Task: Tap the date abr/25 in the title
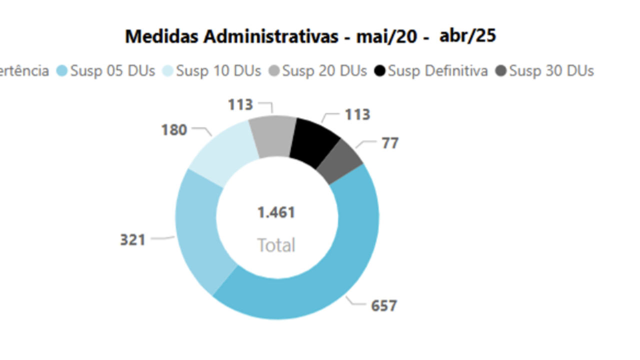pyautogui.click(x=467, y=36)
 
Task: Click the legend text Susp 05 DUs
pyautogui.click(x=112, y=71)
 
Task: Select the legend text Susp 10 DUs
pyautogui.click(x=218, y=71)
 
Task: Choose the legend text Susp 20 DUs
pyautogui.click(x=324, y=71)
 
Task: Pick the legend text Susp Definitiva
pyautogui.click(x=437, y=71)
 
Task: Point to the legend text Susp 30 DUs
pyautogui.click(x=551, y=71)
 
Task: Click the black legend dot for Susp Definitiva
pyautogui.click(x=380, y=71)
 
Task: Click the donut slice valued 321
pyautogui.click(x=197, y=230)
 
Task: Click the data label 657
pyautogui.click(x=383, y=305)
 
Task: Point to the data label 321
pyautogui.click(x=132, y=240)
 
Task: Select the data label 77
pyautogui.click(x=390, y=143)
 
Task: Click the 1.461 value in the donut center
pyautogui.click(x=276, y=212)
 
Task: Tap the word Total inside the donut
pyautogui.click(x=276, y=245)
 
